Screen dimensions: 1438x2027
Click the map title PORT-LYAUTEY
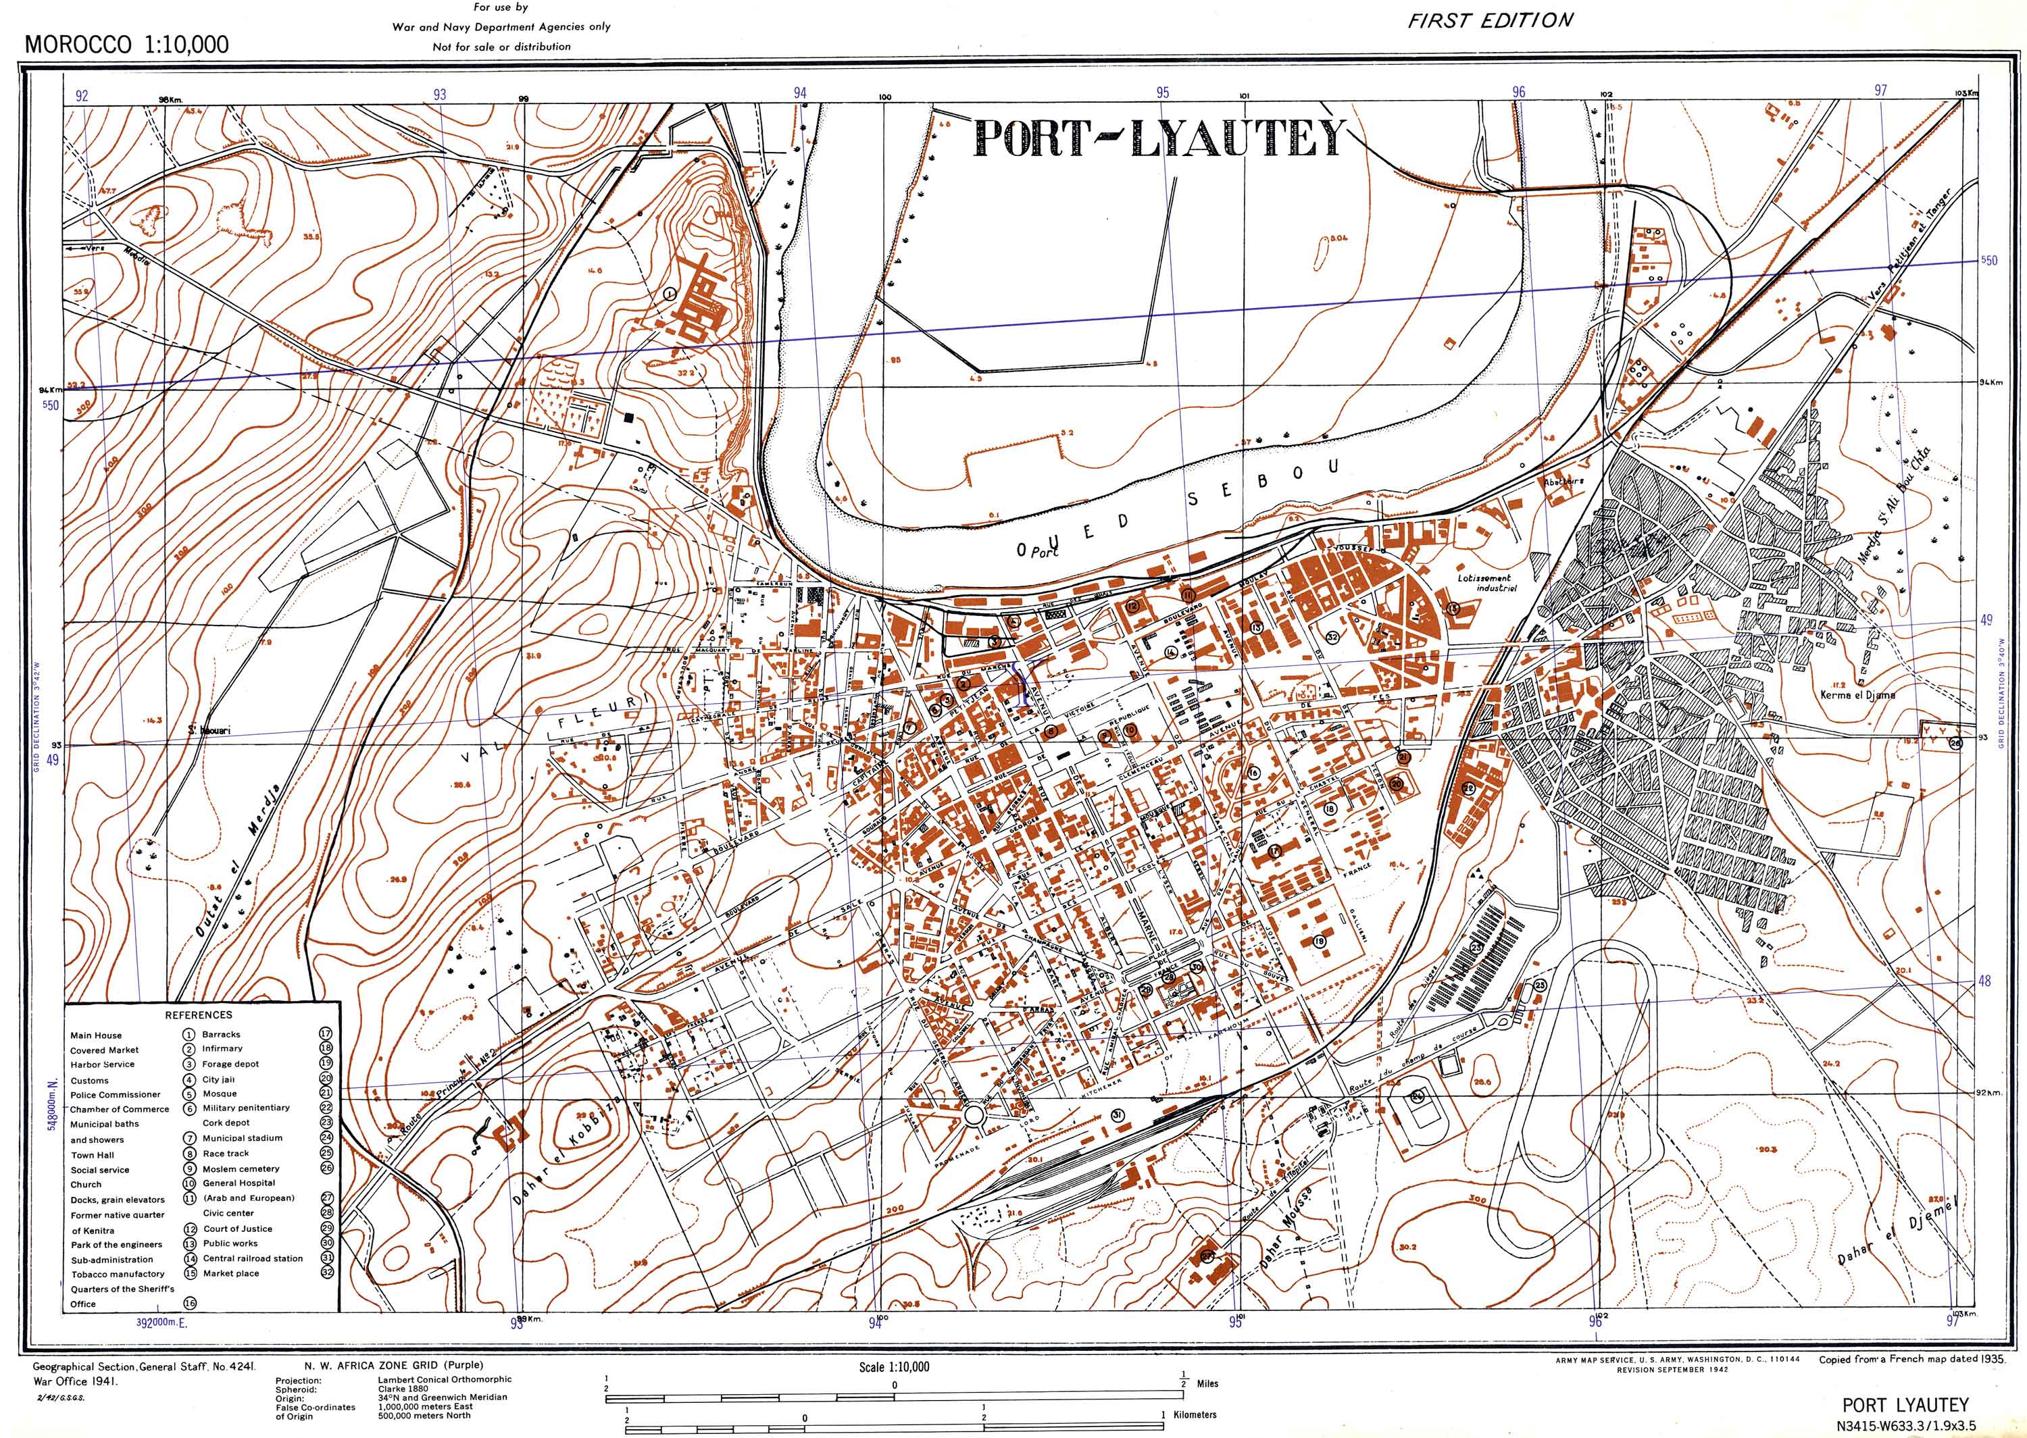[1158, 140]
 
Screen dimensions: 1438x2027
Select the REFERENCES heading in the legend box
[199, 1015]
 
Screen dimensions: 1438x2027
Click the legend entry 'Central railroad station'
[253, 1258]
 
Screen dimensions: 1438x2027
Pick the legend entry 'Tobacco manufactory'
[118, 1274]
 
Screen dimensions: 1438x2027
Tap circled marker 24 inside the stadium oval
[1418, 1096]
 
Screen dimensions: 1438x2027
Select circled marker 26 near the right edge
[1955, 744]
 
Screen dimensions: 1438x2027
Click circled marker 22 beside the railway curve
[1469, 789]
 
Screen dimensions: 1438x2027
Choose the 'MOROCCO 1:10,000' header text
[126, 45]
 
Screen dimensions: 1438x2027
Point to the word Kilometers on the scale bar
[1195, 1415]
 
